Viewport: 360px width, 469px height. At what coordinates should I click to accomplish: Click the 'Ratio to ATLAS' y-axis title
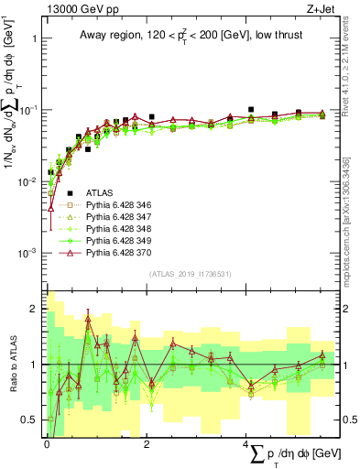point(12,364)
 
